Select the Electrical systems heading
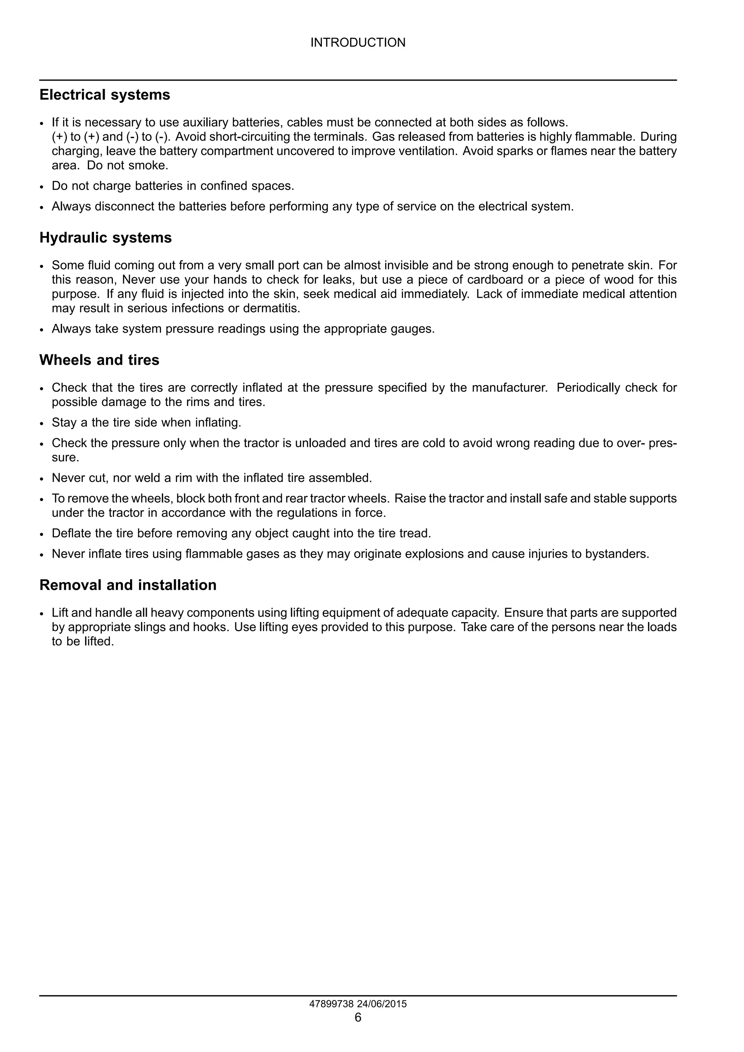[105, 95]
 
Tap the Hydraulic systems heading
[105, 238]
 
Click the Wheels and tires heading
[99, 360]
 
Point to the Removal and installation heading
[128, 585]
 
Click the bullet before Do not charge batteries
[42, 187]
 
